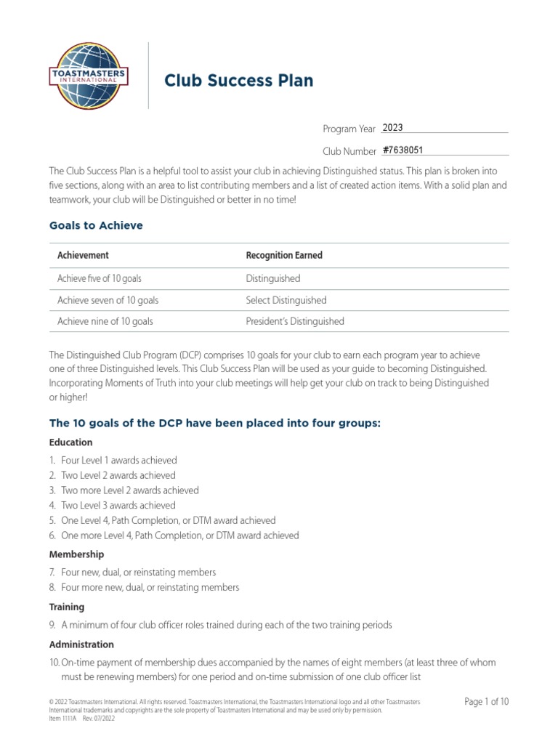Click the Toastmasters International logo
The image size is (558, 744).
click(x=89, y=75)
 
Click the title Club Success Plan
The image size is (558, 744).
click(x=238, y=80)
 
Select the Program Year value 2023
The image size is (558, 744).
click(x=392, y=128)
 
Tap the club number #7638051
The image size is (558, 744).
click(x=403, y=150)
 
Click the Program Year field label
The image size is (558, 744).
click(x=349, y=129)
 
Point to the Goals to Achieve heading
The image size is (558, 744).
click(x=96, y=225)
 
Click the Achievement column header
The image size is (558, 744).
click(x=83, y=255)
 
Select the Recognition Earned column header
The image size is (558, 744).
click(x=284, y=255)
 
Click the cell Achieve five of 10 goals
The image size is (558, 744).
click(x=105, y=278)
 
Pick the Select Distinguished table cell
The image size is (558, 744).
click(x=286, y=300)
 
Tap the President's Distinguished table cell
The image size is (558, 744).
click(x=295, y=321)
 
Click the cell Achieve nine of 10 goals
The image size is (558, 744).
click(x=105, y=321)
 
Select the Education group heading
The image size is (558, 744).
click(x=70, y=442)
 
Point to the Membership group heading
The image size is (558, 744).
click(x=76, y=554)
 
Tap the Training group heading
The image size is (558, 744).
click(x=67, y=607)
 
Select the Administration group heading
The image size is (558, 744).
click(x=81, y=644)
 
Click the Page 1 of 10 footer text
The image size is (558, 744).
click(x=486, y=701)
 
